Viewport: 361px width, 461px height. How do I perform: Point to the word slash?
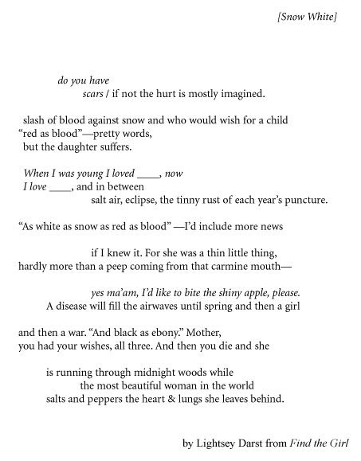tap(35, 120)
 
